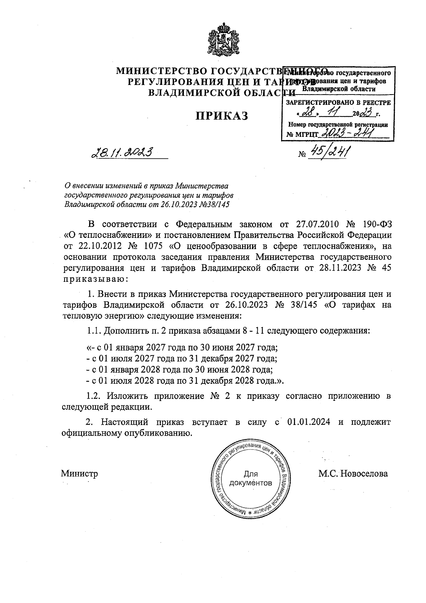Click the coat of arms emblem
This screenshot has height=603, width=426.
(x=222, y=39)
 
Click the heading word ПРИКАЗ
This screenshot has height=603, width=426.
(x=222, y=116)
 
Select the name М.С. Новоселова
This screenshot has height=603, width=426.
(x=353, y=474)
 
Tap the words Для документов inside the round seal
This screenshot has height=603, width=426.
(x=251, y=478)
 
